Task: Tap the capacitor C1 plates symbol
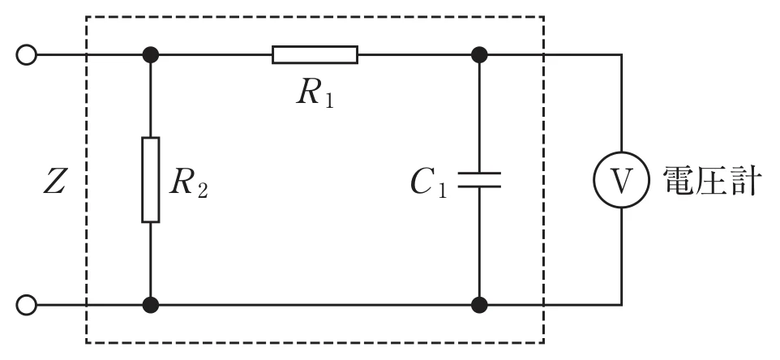click(479, 180)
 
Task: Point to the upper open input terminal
click(27, 54)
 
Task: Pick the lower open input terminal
click(27, 304)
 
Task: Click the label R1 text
click(315, 93)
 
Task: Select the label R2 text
click(189, 183)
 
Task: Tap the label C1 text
click(429, 183)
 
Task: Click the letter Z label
click(54, 182)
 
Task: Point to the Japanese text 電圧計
click(710, 181)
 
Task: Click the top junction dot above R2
click(151, 54)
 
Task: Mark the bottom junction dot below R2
click(151, 304)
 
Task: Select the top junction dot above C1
click(479, 54)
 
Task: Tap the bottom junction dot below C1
click(479, 304)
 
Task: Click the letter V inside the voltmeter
click(621, 181)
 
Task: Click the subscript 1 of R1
click(328, 100)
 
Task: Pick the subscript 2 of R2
click(202, 191)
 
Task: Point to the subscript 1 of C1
click(442, 190)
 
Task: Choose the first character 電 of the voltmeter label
click(679, 181)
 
